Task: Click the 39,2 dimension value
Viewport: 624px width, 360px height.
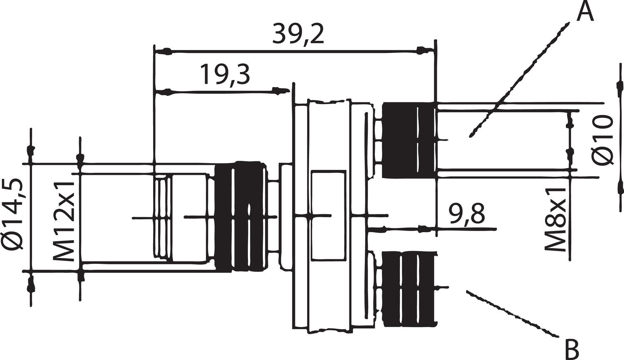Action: [298, 35]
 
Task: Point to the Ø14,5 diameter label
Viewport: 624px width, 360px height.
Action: [12, 215]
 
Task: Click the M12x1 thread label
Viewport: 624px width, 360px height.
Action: [64, 221]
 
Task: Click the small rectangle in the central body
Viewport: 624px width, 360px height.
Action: [328, 215]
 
